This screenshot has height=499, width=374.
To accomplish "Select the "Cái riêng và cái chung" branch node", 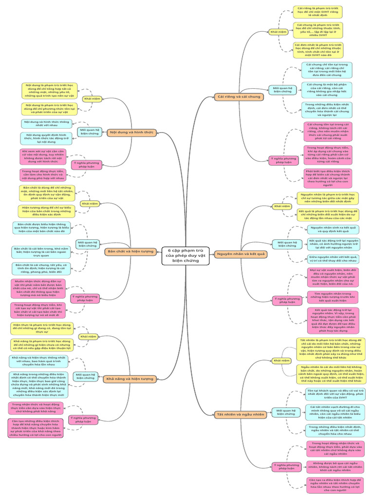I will click(240, 96).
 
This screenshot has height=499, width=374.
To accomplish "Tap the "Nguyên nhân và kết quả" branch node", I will click(241, 254).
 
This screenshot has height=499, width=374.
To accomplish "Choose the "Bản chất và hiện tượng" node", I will click(130, 251).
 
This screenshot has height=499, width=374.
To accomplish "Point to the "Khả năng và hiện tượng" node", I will click(130, 378).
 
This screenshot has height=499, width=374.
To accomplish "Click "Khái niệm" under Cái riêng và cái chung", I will click(278, 33).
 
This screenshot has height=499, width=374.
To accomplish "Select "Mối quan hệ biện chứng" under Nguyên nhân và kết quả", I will click(287, 244).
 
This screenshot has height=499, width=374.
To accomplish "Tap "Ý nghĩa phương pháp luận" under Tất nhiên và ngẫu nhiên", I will click(284, 467).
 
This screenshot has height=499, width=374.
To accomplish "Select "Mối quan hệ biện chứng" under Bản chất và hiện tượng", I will click(88, 244).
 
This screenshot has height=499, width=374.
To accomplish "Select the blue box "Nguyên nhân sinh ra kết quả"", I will click(334, 229).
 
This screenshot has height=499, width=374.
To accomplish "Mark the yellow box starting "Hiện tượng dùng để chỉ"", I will click(47, 211).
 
